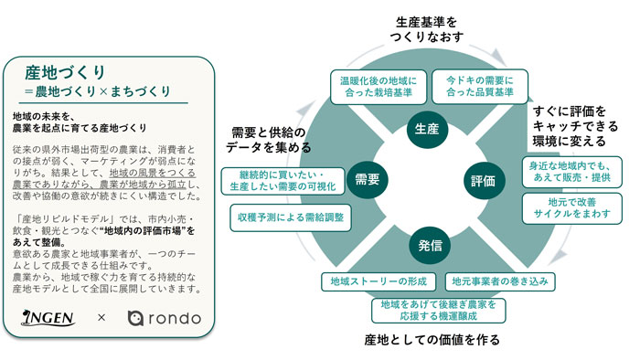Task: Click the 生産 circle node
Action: click(427, 126)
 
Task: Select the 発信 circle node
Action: click(428, 244)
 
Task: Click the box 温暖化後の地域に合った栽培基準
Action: click(377, 86)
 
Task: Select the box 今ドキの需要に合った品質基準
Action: click(473, 86)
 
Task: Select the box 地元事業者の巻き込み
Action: click(501, 281)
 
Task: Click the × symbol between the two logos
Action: click(101, 318)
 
